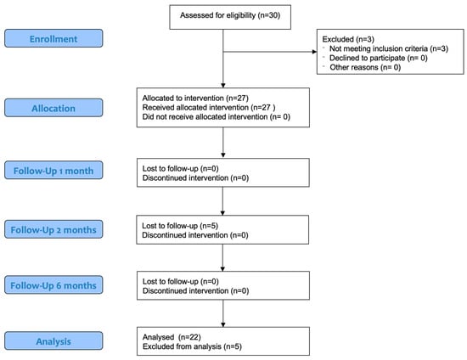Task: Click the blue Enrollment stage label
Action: [53, 38]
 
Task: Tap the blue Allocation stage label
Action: [53, 108]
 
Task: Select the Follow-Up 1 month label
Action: [53, 171]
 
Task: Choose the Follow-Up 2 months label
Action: [53, 229]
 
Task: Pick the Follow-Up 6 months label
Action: [53, 285]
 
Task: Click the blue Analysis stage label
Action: [53, 341]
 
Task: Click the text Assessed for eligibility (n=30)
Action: [230, 15]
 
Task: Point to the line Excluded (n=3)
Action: [348, 39]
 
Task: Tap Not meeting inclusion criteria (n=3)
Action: [389, 48]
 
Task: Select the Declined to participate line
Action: [379, 58]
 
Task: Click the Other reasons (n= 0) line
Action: [365, 67]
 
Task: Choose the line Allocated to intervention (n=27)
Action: [195, 98]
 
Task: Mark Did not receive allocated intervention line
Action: [217, 116]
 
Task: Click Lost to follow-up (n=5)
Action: [180, 226]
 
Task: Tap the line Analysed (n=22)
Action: [172, 337]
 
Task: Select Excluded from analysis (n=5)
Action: [192, 346]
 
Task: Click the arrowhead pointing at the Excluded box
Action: [314, 52]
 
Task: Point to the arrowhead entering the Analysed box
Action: [223, 324]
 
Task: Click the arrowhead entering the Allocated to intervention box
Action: [223, 86]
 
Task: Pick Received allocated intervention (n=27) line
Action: [209, 107]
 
